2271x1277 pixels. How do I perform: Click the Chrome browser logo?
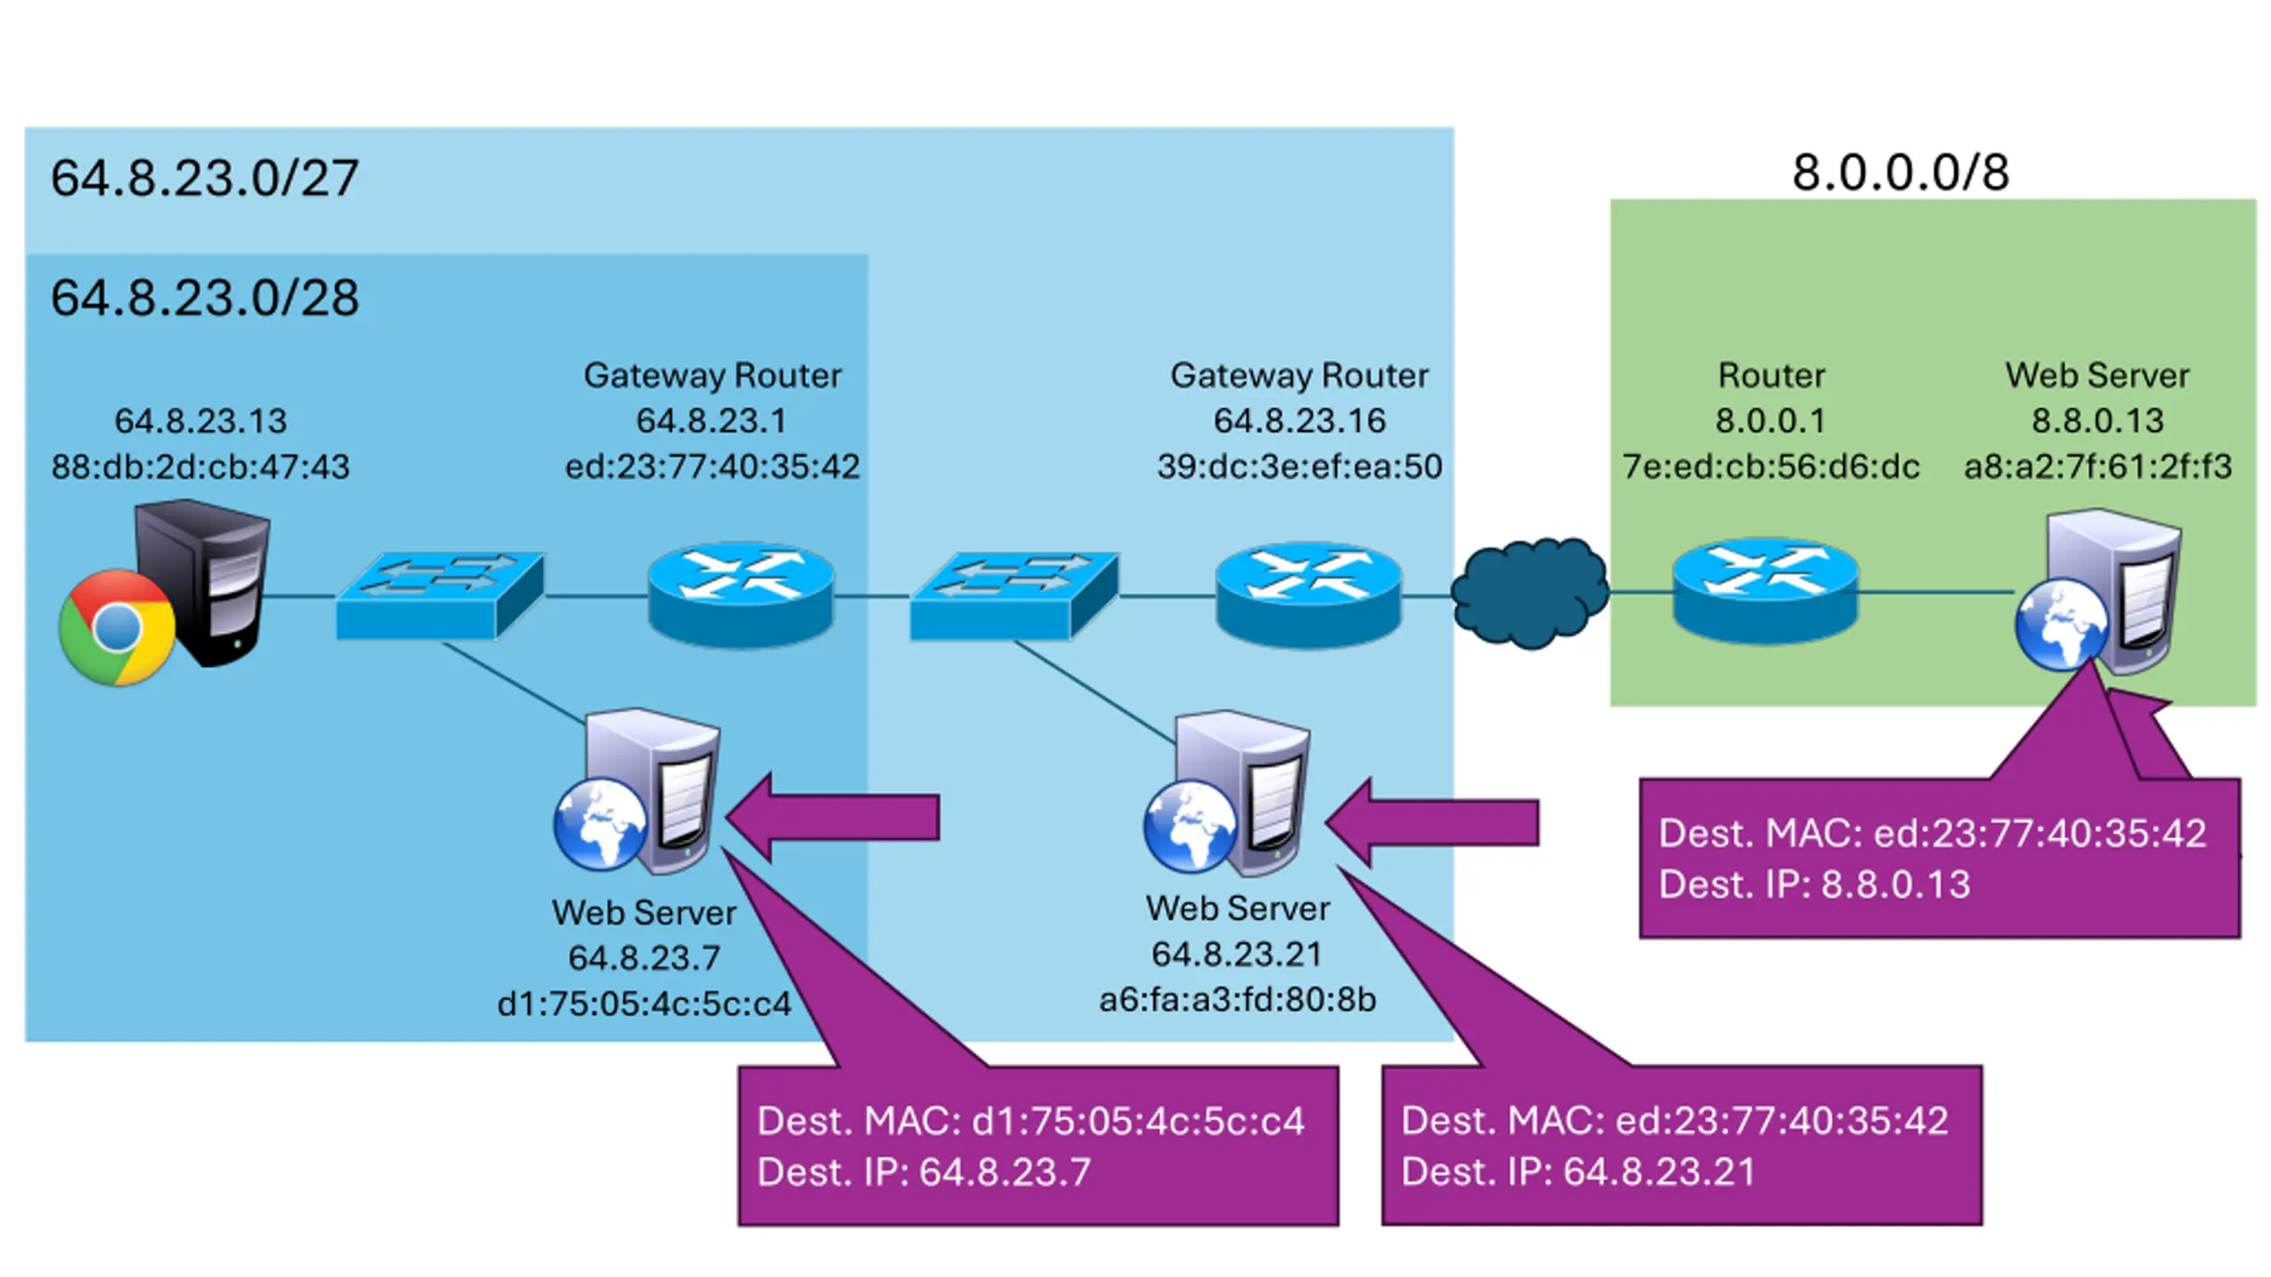(x=116, y=627)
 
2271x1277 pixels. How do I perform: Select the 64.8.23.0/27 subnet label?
(x=204, y=177)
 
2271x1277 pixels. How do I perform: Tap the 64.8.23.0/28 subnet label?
(x=204, y=297)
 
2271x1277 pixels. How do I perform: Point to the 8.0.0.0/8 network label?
(x=1900, y=172)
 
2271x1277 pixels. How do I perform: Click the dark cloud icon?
(x=1529, y=592)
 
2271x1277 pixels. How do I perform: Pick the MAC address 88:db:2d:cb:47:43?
(x=200, y=466)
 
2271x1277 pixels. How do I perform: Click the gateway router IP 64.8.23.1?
(x=711, y=420)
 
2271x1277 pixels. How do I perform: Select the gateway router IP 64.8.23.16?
(x=1299, y=420)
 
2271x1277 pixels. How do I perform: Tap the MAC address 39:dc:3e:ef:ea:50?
(x=1299, y=466)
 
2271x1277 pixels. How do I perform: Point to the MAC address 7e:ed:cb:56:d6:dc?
(x=1771, y=466)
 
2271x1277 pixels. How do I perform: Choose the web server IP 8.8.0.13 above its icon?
(x=2097, y=420)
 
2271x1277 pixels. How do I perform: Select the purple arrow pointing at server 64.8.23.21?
(x=1432, y=822)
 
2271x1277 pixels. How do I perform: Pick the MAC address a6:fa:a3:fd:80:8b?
(x=1237, y=999)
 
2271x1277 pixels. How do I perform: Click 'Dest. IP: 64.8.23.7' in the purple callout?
(x=923, y=1172)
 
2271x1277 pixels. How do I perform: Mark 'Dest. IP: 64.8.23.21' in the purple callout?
(x=1578, y=1172)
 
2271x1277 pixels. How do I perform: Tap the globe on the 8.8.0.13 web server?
(x=2060, y=623)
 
